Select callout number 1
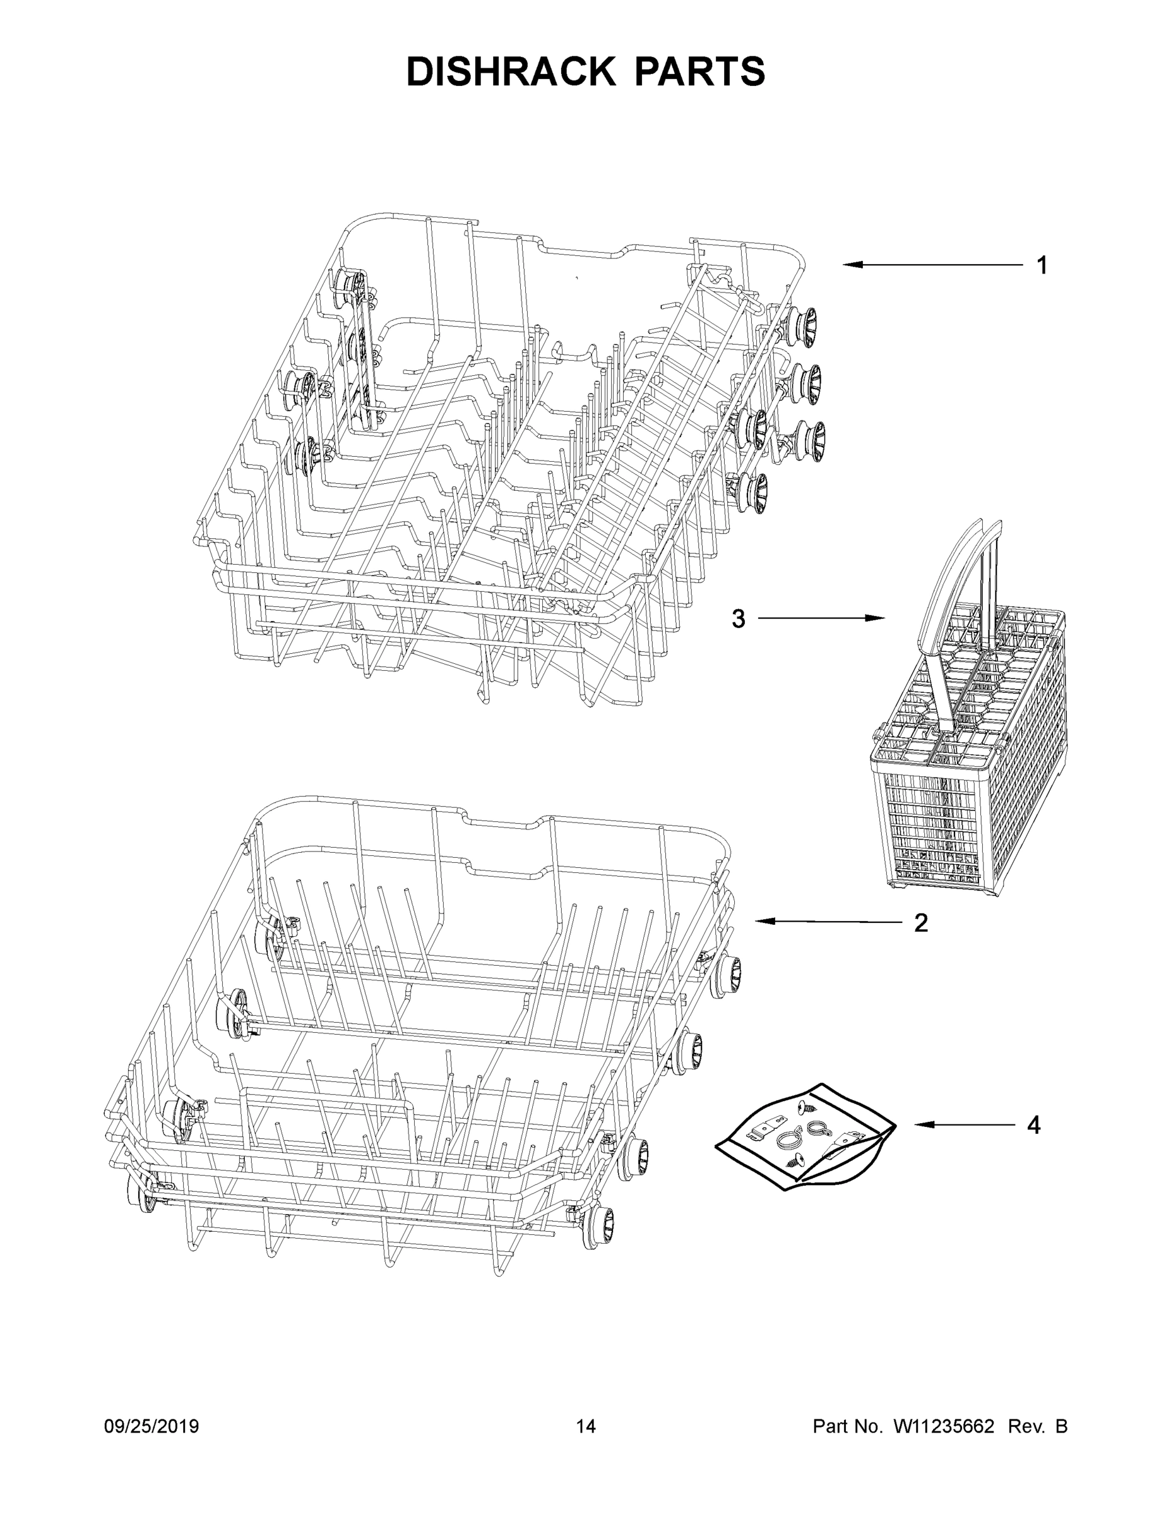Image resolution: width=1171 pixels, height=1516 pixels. [x=1041, y=265]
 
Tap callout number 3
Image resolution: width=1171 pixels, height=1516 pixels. [x=738, y=618]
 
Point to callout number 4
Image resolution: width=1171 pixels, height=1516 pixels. [x=1033, y=1125]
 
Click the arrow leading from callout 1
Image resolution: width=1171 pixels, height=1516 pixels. [x=933, y=265]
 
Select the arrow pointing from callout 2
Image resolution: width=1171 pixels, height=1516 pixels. [x=828, y=922]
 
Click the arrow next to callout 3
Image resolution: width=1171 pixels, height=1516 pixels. [x=821, y=618]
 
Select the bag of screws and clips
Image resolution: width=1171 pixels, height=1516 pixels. [x=805, y=1138]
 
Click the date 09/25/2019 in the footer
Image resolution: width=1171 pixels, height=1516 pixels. [x=152, y=1426]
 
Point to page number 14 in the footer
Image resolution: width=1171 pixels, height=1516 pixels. [x=586, y=1426]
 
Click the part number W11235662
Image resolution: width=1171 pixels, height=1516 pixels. [x=944, y=1426]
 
